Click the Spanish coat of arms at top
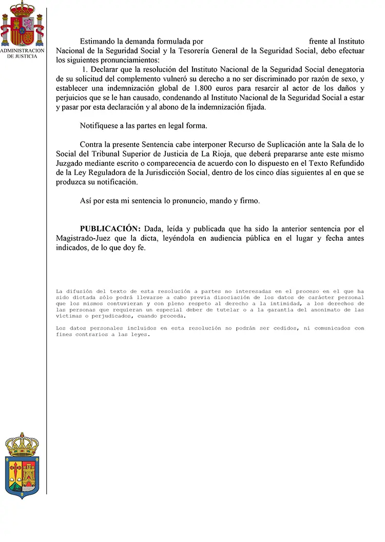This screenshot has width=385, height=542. (x=22, y=24)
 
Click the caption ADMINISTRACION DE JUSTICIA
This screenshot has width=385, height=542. (x=22, y=53)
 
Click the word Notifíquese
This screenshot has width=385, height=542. (x=101, y=126)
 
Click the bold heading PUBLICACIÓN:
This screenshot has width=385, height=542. (x=110, y=229)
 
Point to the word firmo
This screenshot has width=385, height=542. (x=249, y=201)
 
